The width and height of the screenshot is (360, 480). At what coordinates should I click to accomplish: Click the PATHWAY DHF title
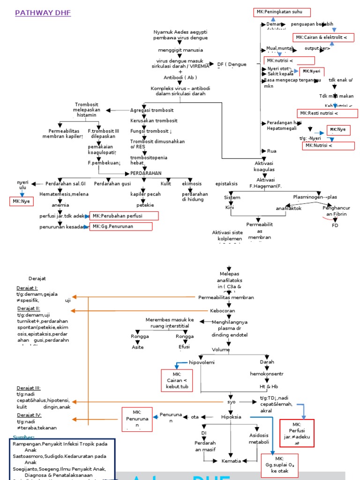click(x=43, y=13)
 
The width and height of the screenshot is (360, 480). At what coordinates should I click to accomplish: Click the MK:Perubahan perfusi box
click(x=124, y=216)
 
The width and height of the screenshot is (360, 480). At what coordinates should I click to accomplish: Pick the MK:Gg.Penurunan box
click(x=121, y=226)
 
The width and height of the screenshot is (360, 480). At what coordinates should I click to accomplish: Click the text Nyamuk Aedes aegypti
click(x=180, y=32)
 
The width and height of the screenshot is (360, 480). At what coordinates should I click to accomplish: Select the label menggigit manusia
click(x=180, y=50)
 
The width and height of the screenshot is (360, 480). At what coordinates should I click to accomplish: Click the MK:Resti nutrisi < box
click(x=327, y=113)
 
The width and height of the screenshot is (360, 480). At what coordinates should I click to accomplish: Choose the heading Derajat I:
click(x=27, y=288)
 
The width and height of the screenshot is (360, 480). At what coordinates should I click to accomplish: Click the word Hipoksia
click(x=231, y=417)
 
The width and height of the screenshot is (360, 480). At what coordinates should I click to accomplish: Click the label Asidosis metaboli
click(x=259, y=438)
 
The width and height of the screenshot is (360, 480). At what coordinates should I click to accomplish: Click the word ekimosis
click(x=192, y=184)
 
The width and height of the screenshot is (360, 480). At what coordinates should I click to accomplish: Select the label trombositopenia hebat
click(x=143, y=160)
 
